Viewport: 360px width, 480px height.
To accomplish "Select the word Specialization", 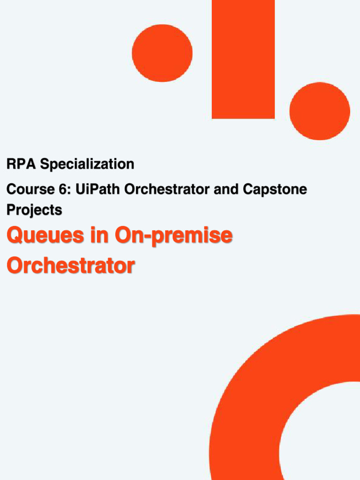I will (87, 165).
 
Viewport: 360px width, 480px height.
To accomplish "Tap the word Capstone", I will (275, 190).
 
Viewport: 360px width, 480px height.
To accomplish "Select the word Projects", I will (34, 210).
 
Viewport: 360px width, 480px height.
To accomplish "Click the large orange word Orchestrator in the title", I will (70, 265).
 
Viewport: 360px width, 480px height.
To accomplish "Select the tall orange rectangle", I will (243, 59).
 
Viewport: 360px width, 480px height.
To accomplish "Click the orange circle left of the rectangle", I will (162, 52).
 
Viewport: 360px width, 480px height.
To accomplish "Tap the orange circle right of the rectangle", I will (320, 111).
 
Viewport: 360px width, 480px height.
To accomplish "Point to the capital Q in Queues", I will (16, 236).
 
